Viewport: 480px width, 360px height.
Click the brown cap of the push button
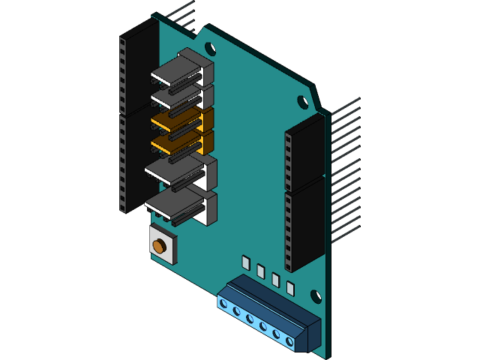coord(159,245)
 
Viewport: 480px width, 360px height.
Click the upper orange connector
coord(178,118)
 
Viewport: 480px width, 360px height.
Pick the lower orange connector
coord(178,141)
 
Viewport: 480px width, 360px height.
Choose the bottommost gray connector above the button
coord(180,204)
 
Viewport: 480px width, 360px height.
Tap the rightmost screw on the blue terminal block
coord(290,342)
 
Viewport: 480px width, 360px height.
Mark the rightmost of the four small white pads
coord(290,289)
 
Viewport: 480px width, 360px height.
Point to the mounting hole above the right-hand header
coord(302,102)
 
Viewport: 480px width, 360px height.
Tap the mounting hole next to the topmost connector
coord(211,50)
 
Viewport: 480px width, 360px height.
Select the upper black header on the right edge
coord(304,154)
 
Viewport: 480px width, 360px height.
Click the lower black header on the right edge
coord(304,225)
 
